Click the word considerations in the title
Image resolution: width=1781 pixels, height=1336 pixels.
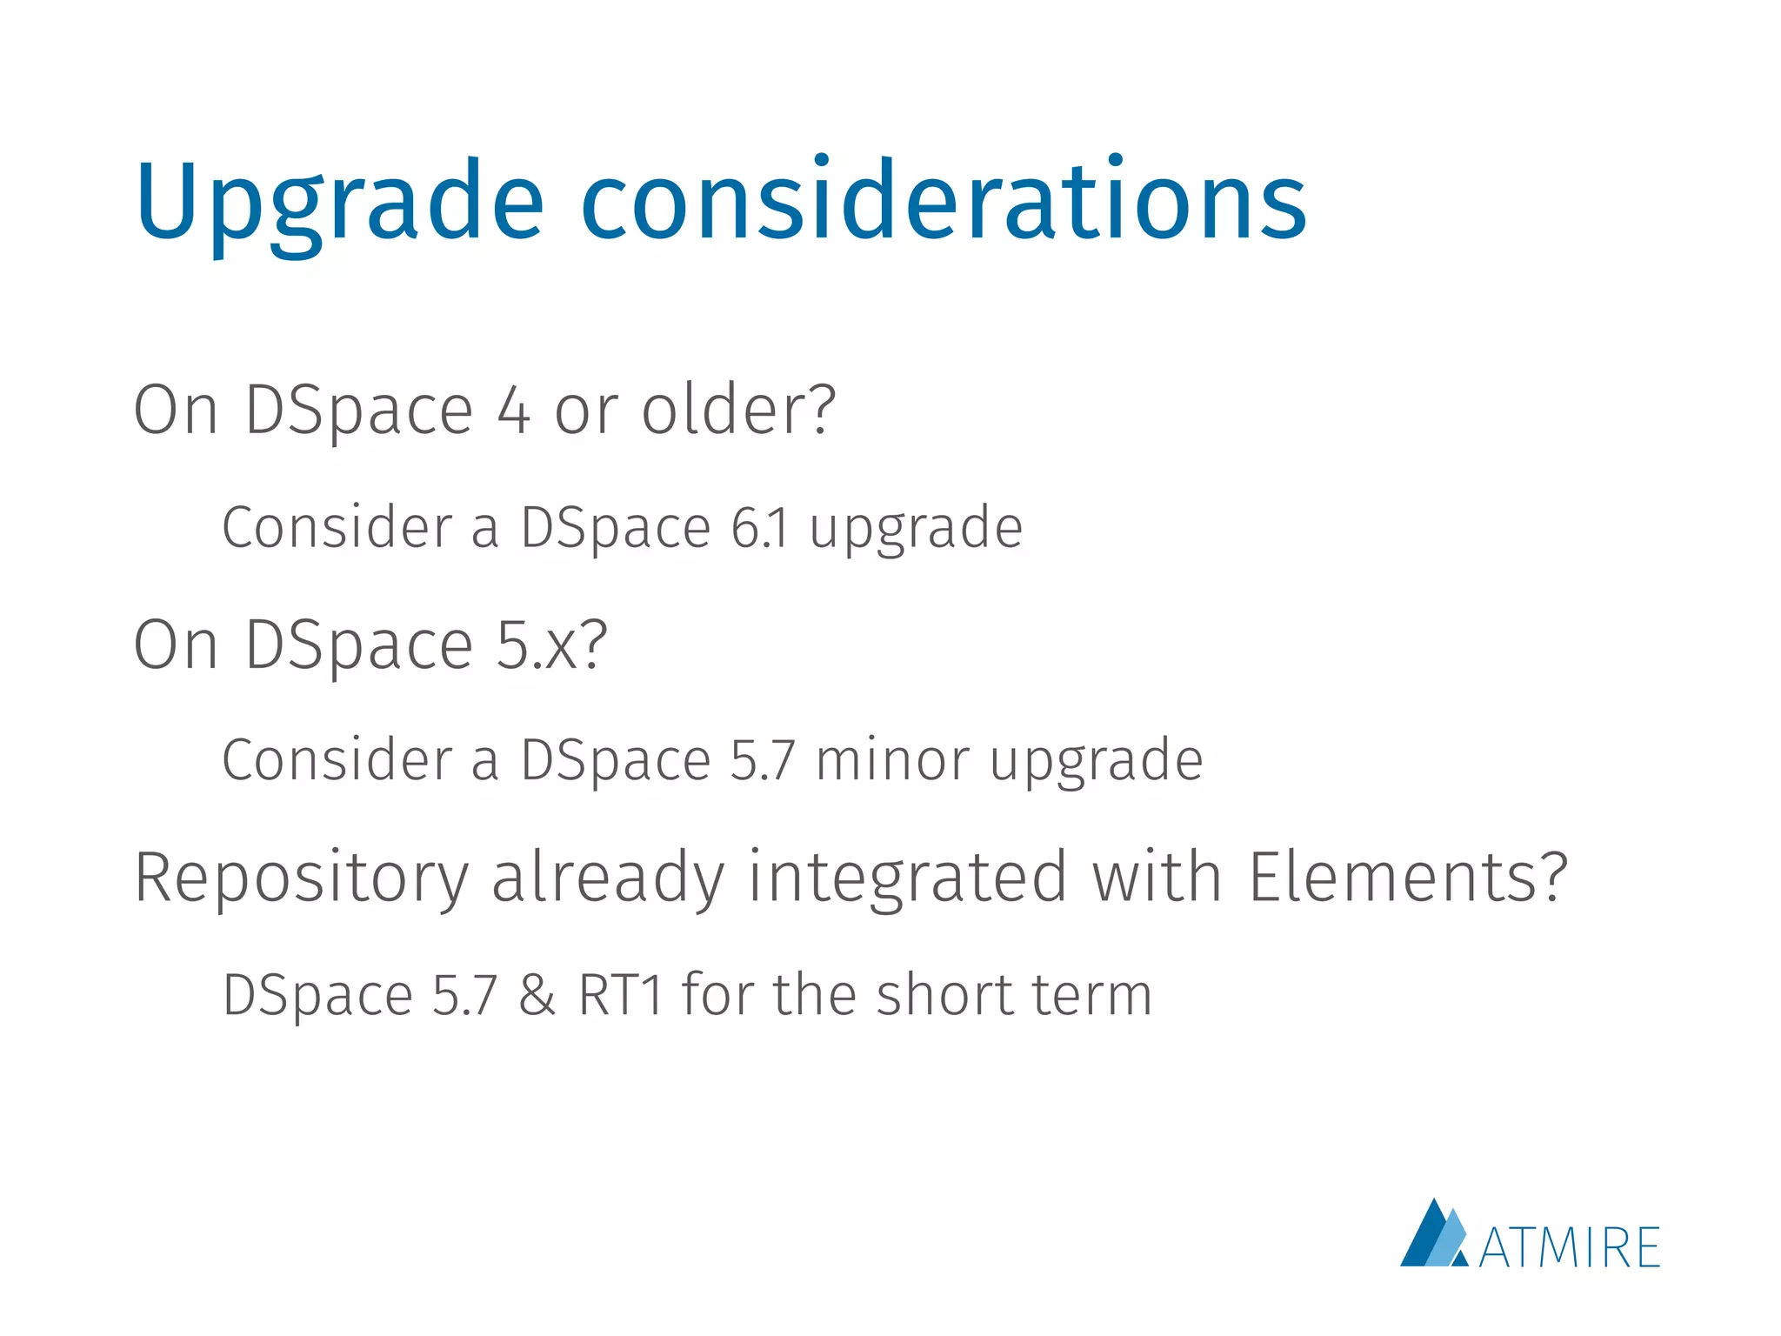point(943,202)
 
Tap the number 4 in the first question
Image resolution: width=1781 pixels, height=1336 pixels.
point(514,411)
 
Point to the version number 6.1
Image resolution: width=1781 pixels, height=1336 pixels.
point(759,528)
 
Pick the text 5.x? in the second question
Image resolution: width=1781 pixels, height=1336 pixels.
point(551,645)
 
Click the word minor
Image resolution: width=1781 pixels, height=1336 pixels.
point(891,760)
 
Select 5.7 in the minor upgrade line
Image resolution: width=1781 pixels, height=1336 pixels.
point(762,760)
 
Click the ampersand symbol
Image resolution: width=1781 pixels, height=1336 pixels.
point(537,995)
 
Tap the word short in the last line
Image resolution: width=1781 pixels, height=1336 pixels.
point(943,994)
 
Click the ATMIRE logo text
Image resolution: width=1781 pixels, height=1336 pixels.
point(1569,1247)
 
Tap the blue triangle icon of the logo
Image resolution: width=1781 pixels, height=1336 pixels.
point(1433,1236)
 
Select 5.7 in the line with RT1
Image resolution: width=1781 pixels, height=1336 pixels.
point(464,995)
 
